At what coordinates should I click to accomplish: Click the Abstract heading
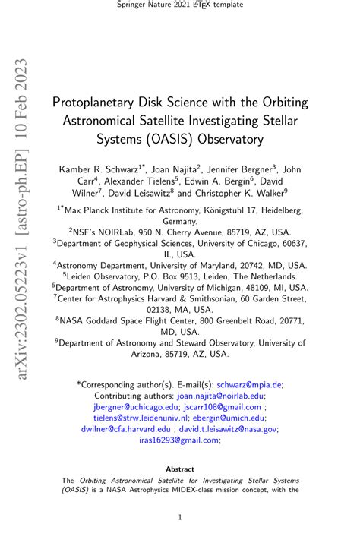pyautogui.click(x=180, y=469)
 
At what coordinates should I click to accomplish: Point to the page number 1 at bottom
pyautogui.click(x=180, y=518)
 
